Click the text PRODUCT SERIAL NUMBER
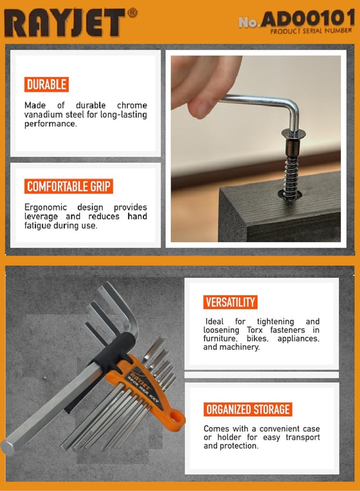(x=310, y=32)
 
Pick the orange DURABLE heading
(x=46, y=85)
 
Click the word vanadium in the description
(x=45, y=115)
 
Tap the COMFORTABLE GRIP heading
(x=68, y=186)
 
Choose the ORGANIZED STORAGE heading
(x=247, y=409)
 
